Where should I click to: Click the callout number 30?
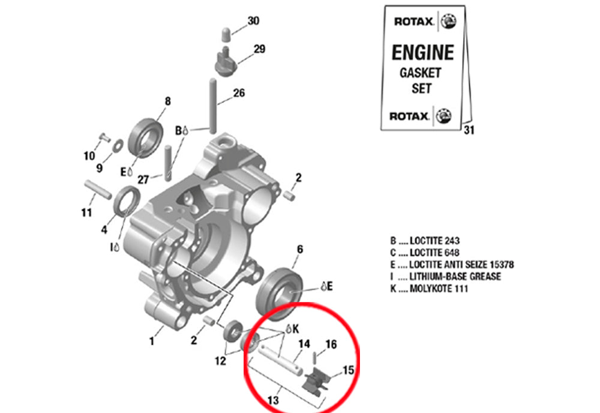click(x=253, y=21)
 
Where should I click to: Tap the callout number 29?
click(x=259, y=49)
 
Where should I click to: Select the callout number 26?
click(x=239, y=93)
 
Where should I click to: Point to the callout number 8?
click(x=167, y=101)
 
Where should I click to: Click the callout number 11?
click(x=86, y=213)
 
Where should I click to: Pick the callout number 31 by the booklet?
click(x=469, y=130)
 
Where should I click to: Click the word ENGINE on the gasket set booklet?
click(x=422, y=53)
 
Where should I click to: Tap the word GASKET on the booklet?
click(x=420, y=73)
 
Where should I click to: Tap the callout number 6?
click(x=299, y=249)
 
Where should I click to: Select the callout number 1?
click(x=152, y=342)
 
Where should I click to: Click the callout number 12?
click(x=220, y=361)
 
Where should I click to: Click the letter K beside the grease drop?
click(x=296, y=328)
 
